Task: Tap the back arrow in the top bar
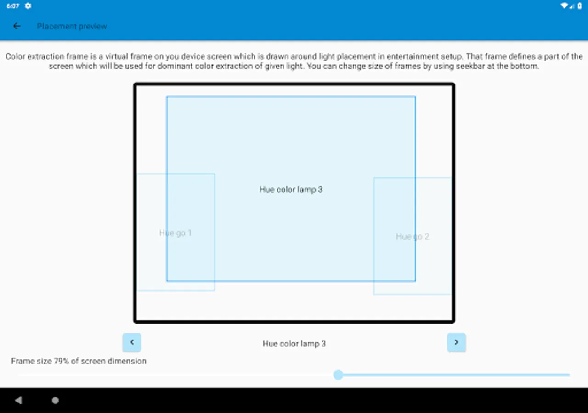17,26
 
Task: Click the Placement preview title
72,27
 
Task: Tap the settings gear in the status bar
28,6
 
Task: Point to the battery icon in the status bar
580,6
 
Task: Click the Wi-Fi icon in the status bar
564,6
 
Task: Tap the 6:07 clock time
13,6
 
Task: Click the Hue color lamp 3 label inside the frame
291,190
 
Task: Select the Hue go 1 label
175,233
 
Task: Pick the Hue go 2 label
413,237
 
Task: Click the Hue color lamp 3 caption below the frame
294,344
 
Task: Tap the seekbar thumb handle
338,375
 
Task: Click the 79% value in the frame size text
62,361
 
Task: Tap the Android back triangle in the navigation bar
18,401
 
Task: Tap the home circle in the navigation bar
55,401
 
